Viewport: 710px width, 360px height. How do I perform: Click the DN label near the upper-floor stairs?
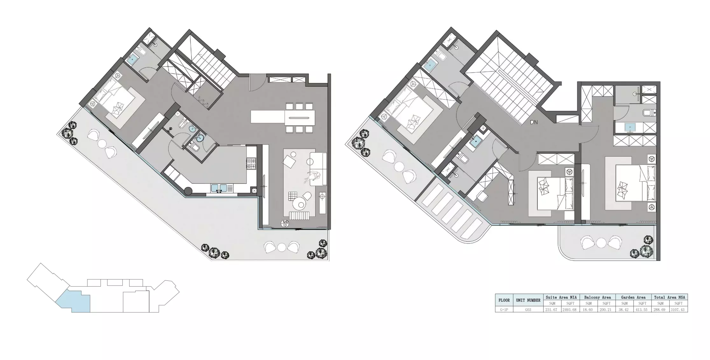[534, 122]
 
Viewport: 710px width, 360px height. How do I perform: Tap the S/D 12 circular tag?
[285, 224]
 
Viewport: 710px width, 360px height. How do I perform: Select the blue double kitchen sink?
[219, 188]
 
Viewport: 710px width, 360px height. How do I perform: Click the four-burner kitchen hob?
[251, 163]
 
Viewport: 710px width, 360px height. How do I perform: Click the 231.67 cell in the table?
[551, 309]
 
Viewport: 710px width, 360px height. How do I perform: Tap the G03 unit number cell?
[528, 309]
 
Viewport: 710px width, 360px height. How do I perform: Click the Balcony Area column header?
[597, 297]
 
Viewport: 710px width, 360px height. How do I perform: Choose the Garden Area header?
[633, 297]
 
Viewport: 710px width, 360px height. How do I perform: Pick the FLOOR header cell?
[504, 300]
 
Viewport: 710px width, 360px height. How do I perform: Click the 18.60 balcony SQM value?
[588, 309]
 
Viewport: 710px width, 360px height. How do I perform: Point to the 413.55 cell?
[642, 309]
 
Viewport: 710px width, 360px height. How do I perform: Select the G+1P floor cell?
[504, 309]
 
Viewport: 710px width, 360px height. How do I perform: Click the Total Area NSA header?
[669, 297]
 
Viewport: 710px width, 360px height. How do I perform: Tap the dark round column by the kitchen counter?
[188, 191]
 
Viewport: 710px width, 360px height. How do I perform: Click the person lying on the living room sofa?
[313, 176]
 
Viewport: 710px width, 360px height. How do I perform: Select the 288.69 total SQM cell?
[660, 309]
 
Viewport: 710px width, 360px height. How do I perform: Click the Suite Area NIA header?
[561, 297]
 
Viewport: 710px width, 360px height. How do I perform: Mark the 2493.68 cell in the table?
[570, 309]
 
